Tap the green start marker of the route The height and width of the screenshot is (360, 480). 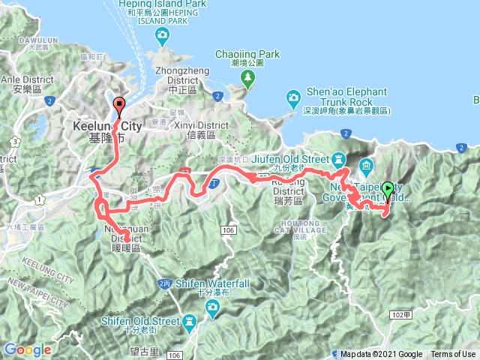(388, 190)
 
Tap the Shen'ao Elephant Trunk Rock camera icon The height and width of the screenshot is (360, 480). (293, 96)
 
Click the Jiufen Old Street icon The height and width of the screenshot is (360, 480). (338, 159)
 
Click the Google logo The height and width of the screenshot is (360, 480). (28, 350)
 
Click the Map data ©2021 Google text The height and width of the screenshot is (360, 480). (381, 355)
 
